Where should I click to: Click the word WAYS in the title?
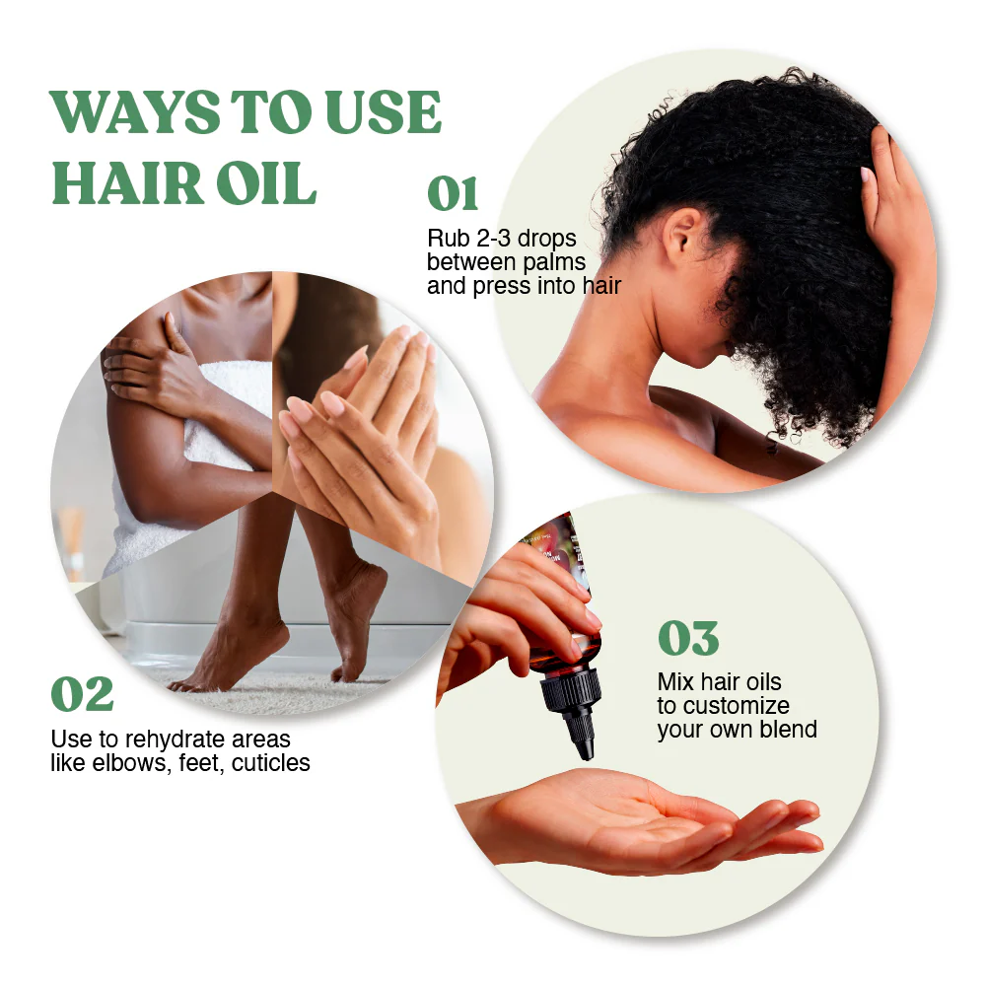coord(134,112)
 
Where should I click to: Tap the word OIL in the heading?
coord(266,183)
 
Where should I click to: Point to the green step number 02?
coord(83,694)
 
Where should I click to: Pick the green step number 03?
coord(688,638)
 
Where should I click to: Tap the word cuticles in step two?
coord(270,763)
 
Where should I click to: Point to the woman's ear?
coord(680,236)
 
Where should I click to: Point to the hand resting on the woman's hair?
coord(897,207)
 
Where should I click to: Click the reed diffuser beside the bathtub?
coord(72,540)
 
